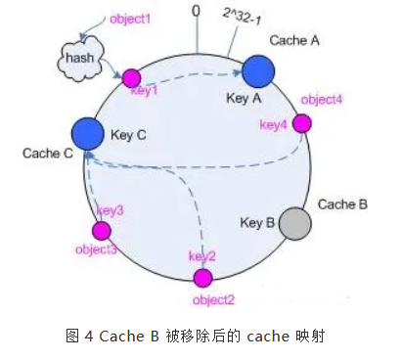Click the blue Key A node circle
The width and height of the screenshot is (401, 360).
point(257,70)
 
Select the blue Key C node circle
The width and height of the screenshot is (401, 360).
point(87,134)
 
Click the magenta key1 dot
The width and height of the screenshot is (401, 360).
point(130,77)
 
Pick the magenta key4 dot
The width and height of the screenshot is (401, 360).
point(302,123)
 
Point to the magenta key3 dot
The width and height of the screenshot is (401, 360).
point(101,231)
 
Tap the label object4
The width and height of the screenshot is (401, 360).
point(321,100)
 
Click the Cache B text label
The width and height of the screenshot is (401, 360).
point(342,204)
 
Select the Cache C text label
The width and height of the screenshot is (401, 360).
point(44,154)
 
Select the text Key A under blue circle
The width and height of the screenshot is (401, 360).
point(245,99)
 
